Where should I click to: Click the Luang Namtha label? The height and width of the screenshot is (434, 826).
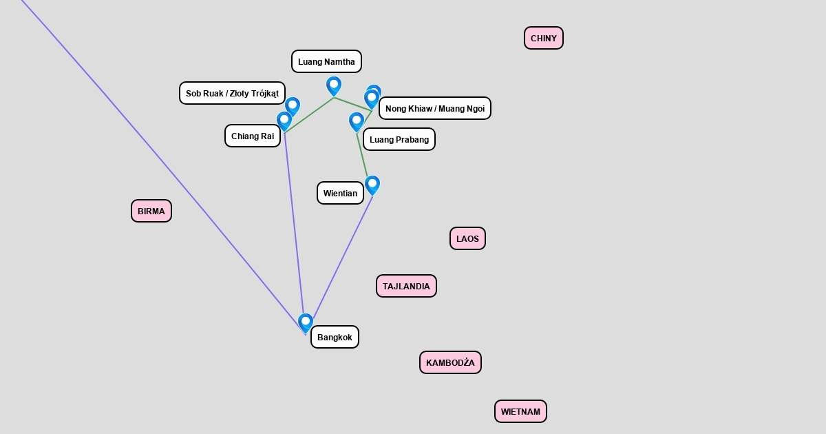326,61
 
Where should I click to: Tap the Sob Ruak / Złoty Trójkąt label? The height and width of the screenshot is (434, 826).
232,93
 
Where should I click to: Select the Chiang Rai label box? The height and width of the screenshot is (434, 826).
253,136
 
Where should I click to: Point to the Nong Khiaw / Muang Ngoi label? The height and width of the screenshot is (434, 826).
435,108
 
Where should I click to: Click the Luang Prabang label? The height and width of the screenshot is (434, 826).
399,139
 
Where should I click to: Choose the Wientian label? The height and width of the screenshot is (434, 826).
340,193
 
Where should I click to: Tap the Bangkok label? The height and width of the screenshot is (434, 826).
335,337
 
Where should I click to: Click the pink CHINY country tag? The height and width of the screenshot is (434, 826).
544,38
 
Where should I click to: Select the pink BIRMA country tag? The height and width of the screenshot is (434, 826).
151,211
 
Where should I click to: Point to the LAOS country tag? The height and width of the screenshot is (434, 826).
467,238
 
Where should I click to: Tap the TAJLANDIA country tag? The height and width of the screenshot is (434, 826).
406,286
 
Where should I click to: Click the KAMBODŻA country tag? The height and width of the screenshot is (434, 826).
450,362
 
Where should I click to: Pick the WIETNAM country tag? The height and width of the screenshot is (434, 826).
520,411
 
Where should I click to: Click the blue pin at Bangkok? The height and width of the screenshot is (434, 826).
306,323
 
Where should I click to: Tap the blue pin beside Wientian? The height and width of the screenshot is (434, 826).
372,185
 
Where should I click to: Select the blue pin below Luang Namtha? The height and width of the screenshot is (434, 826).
334,86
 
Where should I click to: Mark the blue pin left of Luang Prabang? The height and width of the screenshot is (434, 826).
357,122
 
